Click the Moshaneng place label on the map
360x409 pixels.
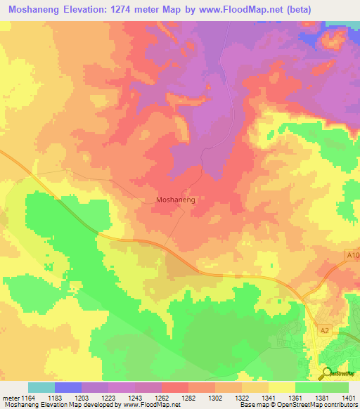pos(174,200)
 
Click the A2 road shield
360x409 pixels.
pos(325,330)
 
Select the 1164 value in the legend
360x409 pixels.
pos(27,397)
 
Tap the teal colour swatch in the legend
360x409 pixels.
pos(41,387)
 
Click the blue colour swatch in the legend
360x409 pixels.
pos(67,387)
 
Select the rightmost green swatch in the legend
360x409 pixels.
pos(335,387)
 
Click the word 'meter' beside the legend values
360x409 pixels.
pos(9,397)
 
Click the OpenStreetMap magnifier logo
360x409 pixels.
pos(328,373)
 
